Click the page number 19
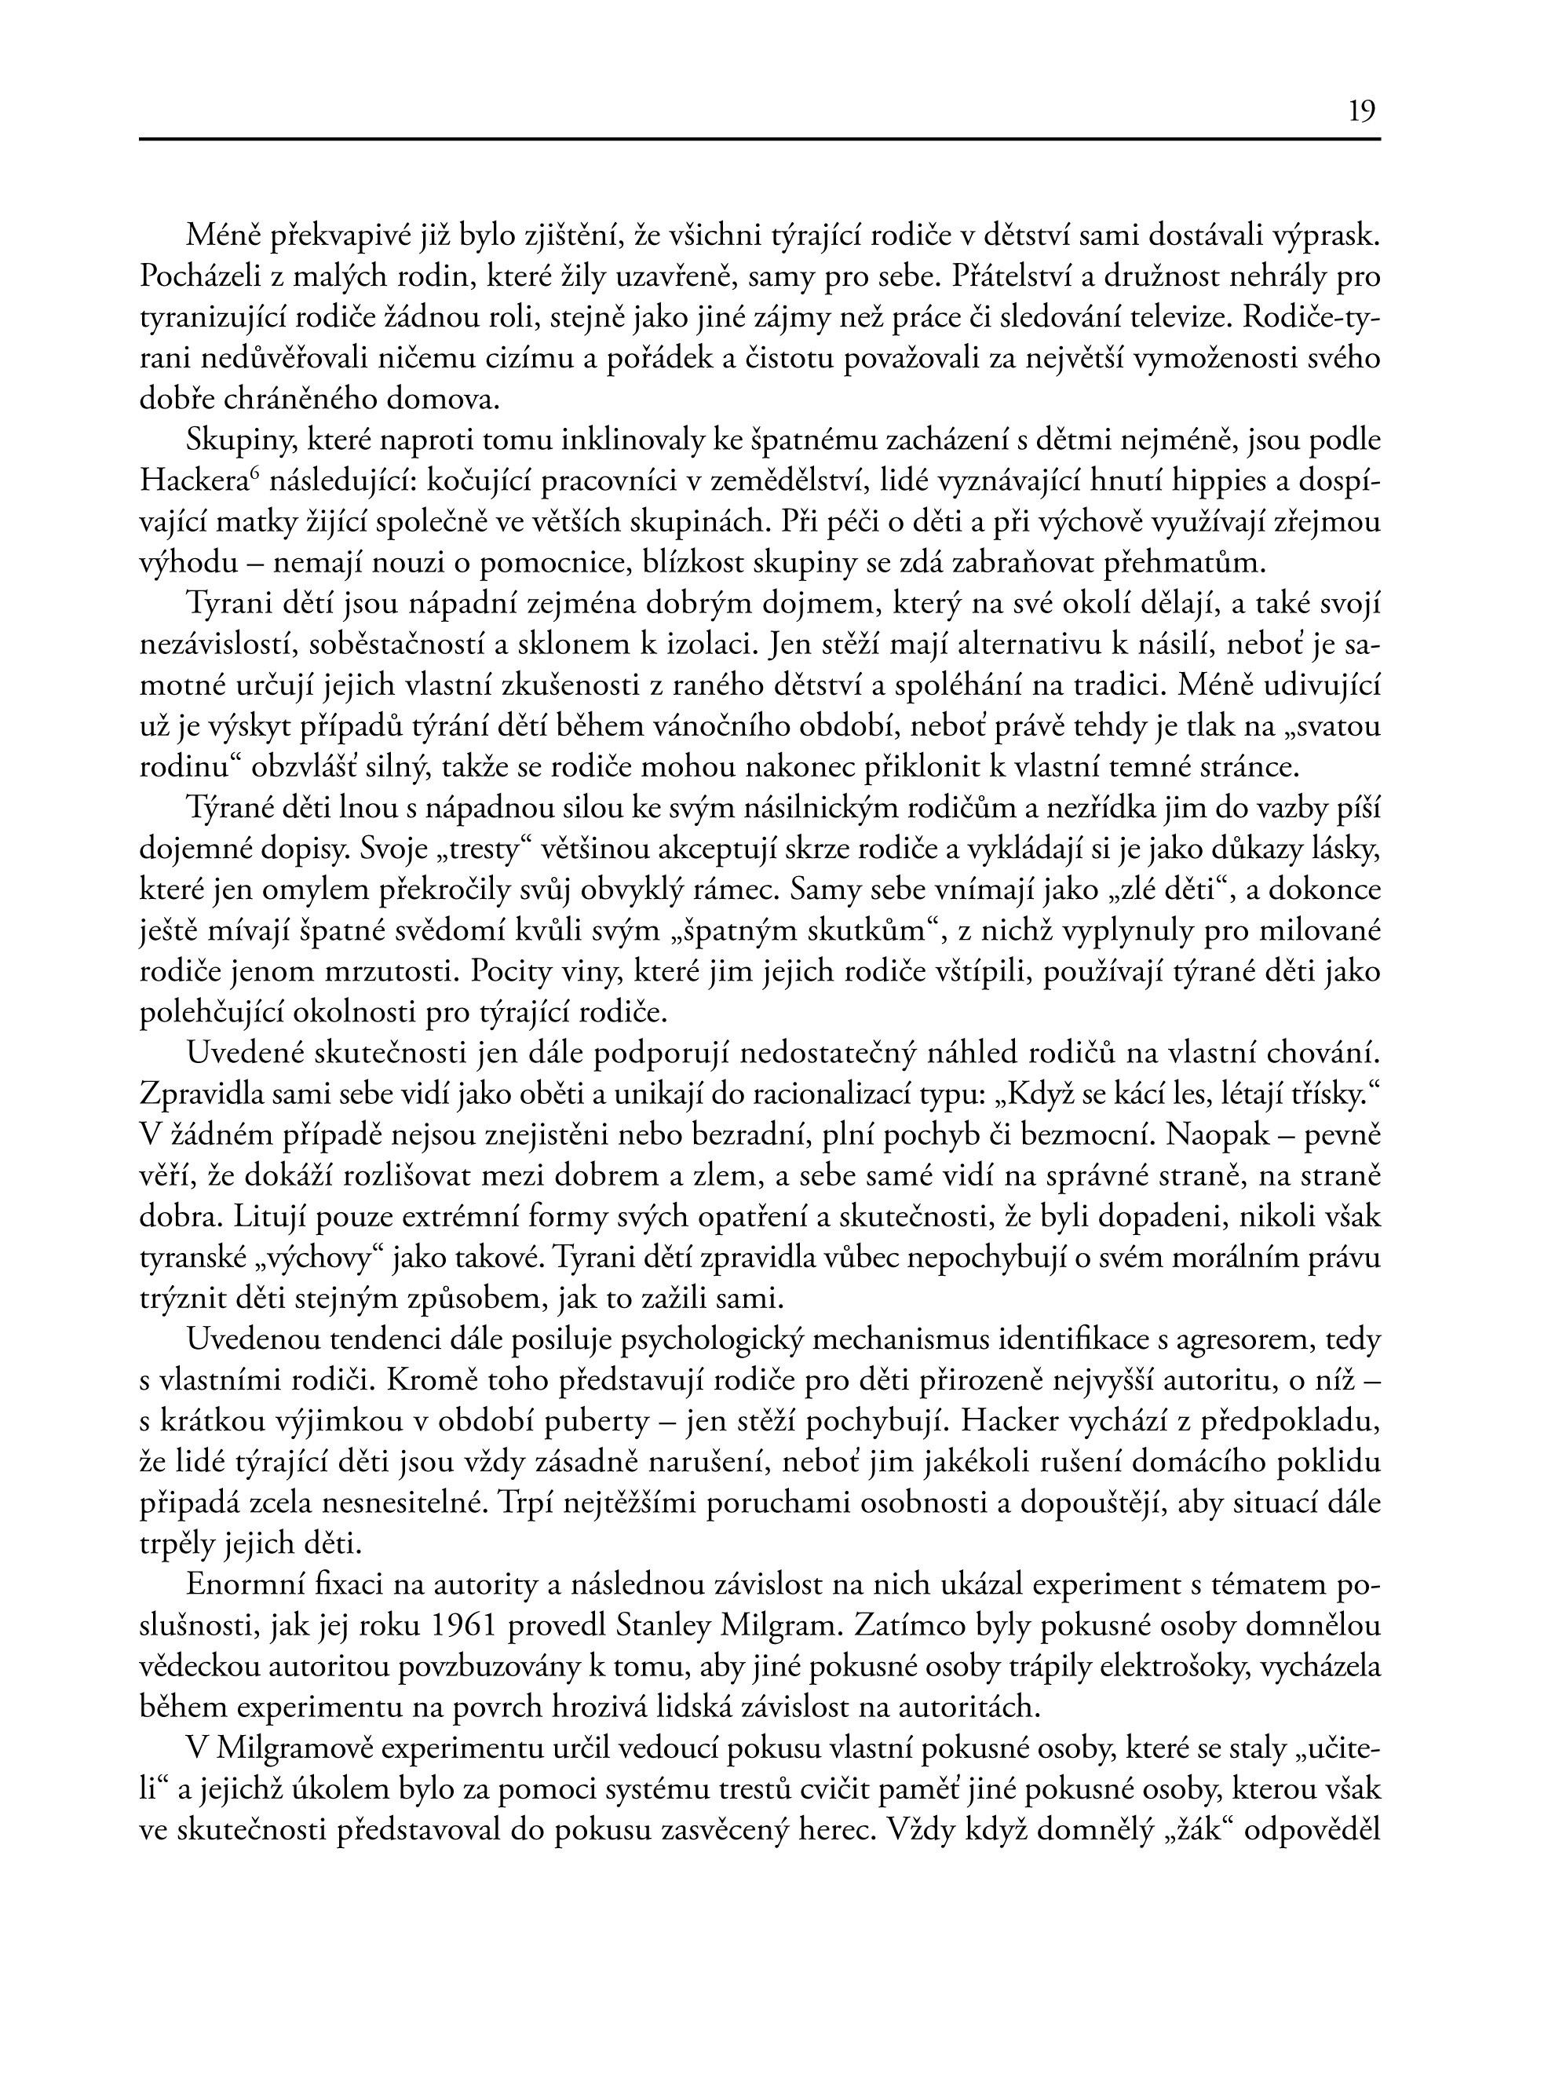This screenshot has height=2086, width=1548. coord(1361,112)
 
